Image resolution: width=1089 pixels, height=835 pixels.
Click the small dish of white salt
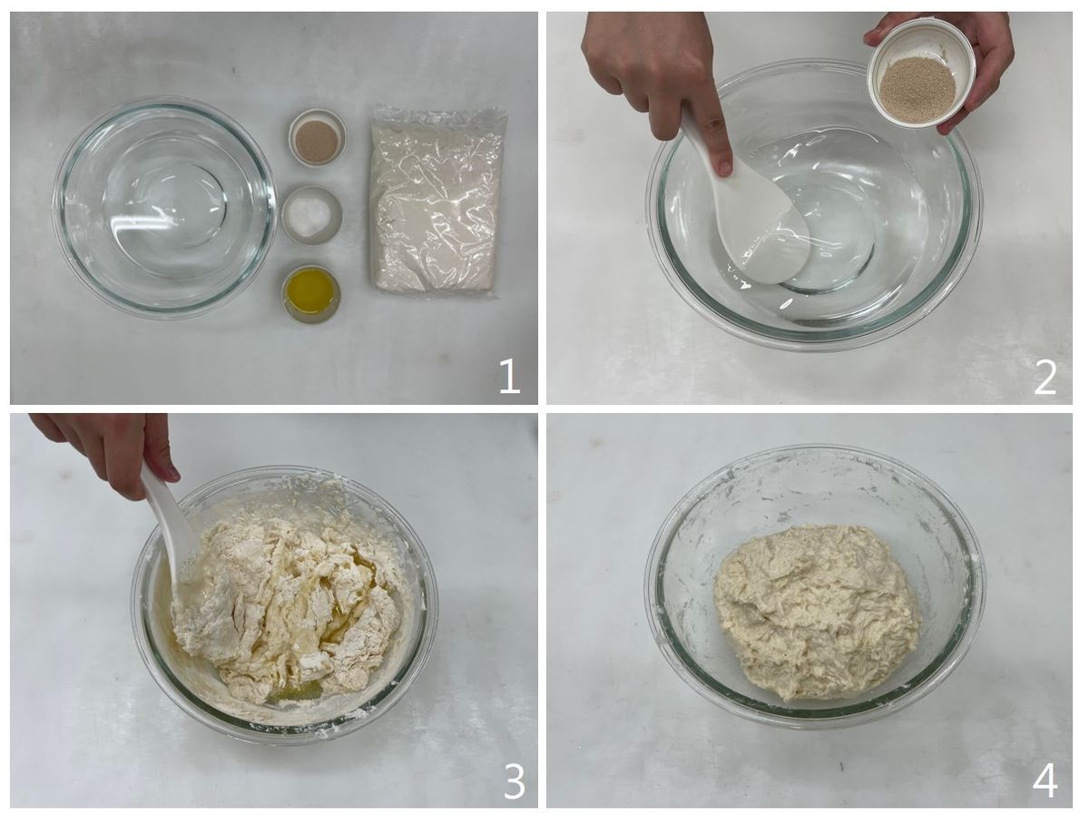pyautogui.click(x=311, y=215)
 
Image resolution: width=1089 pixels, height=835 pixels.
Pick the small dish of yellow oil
pyautogui.click(x=311, y=292)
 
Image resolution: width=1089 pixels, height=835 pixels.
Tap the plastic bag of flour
pyautogui.click(x=437, y=203)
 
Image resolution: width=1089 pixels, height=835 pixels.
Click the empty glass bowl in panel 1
pyautogui.click(x=164, y=208)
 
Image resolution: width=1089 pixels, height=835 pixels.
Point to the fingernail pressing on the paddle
pyautogui.click(x=723, y=167)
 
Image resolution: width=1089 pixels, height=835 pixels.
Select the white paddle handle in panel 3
pyautogui.click(x=168, y=514)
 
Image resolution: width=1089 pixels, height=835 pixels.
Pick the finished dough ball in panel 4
pyautogui.click(x=817, y=612)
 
